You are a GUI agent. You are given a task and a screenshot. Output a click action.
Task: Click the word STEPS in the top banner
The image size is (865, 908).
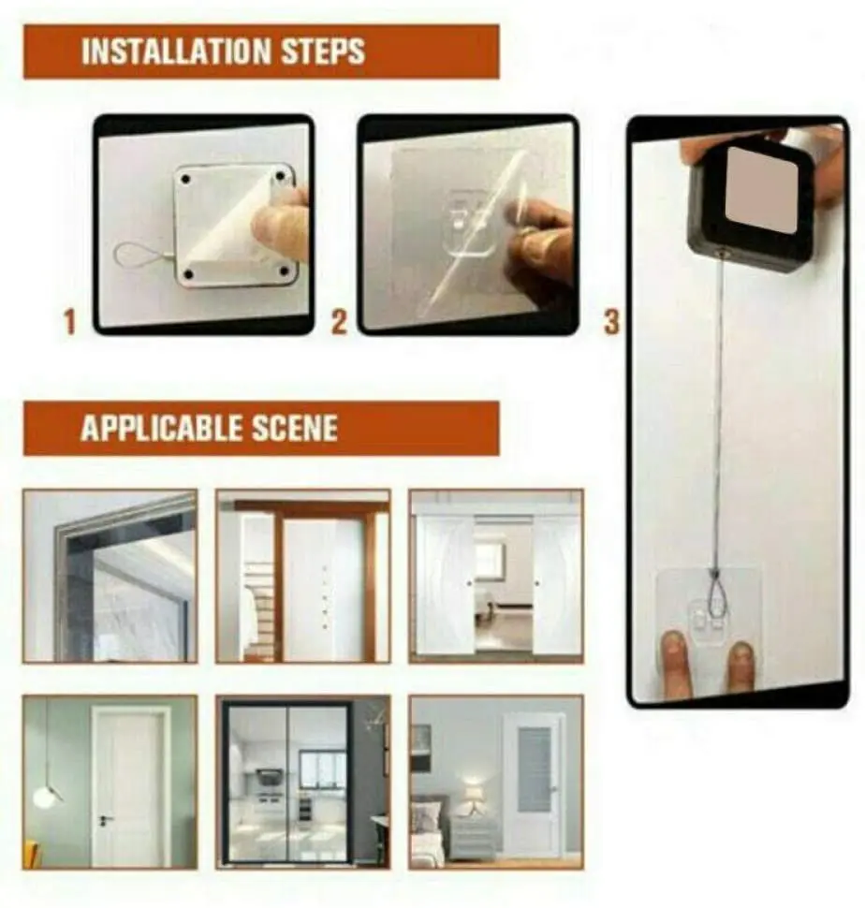(x=321, y=51)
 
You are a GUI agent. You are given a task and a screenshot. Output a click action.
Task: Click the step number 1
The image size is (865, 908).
(x=68, y=323)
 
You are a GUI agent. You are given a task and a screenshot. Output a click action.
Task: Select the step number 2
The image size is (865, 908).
(x=339, y=323)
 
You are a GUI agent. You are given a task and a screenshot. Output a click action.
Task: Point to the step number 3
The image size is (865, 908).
(x=611, y=323)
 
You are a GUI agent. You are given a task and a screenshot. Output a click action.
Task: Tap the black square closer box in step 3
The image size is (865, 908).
(x=749, y=201)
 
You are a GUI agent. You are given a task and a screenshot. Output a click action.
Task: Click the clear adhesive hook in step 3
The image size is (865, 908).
(x=709, y=608)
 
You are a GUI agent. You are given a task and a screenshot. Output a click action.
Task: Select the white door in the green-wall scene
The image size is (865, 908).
(x=131, y=786)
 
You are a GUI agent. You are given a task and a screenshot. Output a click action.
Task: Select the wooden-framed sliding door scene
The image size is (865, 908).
(x=302, y=576)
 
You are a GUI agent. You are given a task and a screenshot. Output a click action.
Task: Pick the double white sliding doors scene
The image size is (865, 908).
(x=496, y=576)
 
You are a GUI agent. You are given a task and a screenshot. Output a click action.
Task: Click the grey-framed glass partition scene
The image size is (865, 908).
(x=110, y=576)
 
